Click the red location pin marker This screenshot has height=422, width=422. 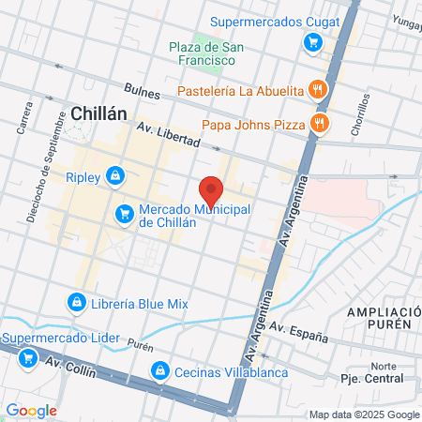[211, 191]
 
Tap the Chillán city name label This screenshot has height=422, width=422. [98, 113]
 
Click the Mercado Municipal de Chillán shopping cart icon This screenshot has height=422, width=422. [125, 215]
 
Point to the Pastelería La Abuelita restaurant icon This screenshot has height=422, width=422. [319, 91]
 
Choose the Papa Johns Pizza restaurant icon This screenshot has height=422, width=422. [320, 122]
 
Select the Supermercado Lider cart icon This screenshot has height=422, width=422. [29, 357]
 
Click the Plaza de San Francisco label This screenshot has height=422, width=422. [200, 53]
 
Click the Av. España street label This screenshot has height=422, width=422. [298, 331]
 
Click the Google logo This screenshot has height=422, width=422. [32, 410]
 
